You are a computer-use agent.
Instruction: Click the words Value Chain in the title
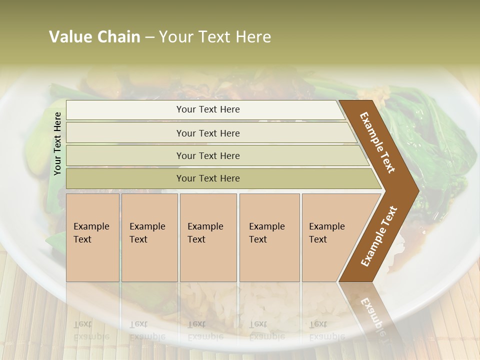click(94, 37)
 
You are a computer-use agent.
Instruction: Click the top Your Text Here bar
click(207, 109)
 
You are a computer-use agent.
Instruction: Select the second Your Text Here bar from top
click(207, 133)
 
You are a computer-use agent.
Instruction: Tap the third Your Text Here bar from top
click(207, 155)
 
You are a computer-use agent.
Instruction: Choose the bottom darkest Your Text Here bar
click(207, 178)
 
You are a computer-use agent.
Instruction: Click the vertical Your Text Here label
click(58, 143)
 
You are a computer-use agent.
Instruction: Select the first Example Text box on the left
click(92, 237)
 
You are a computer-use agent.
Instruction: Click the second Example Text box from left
click(149, 237)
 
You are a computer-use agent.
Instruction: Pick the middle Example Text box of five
click(208, 237)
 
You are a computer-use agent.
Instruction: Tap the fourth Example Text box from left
click(269, 237)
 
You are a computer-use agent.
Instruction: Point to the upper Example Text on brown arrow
click(377, 142)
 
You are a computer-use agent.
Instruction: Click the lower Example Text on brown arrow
click(378, 236)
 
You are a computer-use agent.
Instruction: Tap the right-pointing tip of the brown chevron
click(415, 190)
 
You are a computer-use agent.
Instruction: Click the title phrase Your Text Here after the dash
click(215, 37)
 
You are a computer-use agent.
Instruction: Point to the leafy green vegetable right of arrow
click(440, 135)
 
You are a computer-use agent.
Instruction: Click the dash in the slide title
click(149, 37)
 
